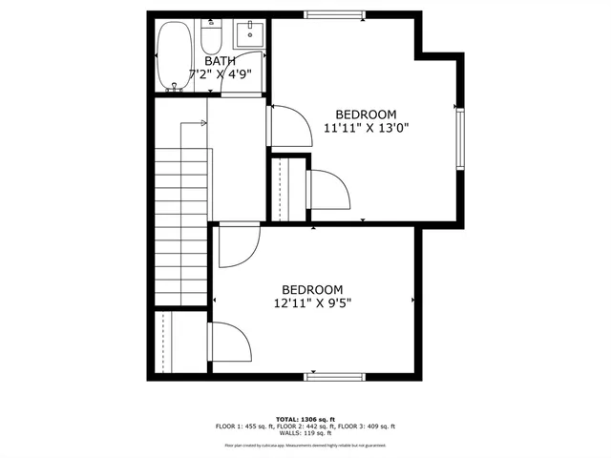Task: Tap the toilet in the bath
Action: pyautogui.click(x=211, y=36)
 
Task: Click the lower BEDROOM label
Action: pyautogui.click(x=311, y=290)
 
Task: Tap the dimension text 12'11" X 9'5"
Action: pyautogui.click(x=311, y=304)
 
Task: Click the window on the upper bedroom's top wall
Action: pyautogui.click(x=333, y=13)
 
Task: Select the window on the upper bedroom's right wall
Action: pyautogui.click(x=460, y=138)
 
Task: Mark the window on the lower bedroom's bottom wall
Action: pyautogui.click(x=333, y=376)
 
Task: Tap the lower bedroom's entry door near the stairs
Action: pyautogui.click(x=237, y=246)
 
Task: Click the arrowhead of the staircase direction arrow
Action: pyautogui.click(x=204, y=122)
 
